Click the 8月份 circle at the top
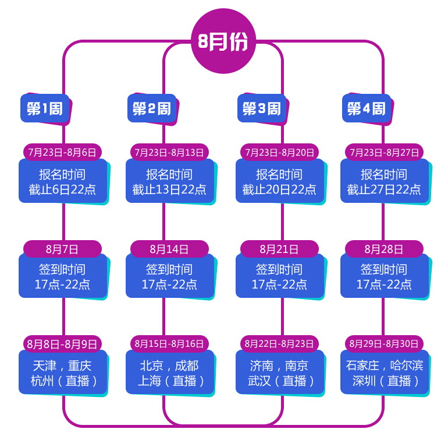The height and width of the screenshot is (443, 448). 223,42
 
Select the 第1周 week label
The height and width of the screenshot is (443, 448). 45,108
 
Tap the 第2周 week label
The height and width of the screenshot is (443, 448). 152,108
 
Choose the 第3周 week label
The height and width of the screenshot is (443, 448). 261,108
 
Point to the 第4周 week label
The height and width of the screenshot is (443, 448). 366,108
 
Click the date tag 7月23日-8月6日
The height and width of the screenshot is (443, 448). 62,152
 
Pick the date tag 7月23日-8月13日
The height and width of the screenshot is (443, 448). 169,152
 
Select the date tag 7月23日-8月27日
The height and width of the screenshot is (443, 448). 384,152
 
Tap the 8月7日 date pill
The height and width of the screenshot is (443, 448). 62,249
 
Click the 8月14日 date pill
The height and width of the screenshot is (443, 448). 169,249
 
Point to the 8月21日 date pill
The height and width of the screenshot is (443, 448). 279,249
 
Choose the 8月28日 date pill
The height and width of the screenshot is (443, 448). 384,249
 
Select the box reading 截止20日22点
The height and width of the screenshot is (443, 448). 279,182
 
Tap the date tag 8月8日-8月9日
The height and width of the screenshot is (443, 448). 62,343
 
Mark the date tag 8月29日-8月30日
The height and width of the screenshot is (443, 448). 384,343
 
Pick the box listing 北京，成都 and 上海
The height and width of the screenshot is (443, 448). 169,373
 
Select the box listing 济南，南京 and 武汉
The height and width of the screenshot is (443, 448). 279,373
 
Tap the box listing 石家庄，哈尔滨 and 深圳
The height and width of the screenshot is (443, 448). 385,373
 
